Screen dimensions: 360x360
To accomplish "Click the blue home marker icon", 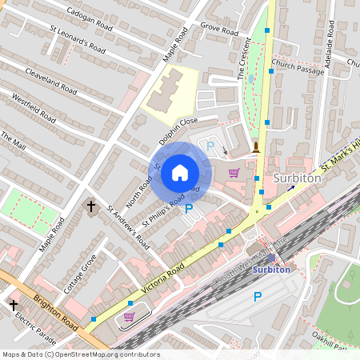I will tap(180, 172).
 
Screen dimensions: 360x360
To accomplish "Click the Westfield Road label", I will tap(34, 108).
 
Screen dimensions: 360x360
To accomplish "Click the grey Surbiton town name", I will tap(297, 178).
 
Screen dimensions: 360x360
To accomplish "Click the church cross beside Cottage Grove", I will tap(90, 207).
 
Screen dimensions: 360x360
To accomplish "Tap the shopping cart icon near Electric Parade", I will tap(129, 318).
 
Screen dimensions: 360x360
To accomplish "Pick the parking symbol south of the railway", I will tap(257, 297).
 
